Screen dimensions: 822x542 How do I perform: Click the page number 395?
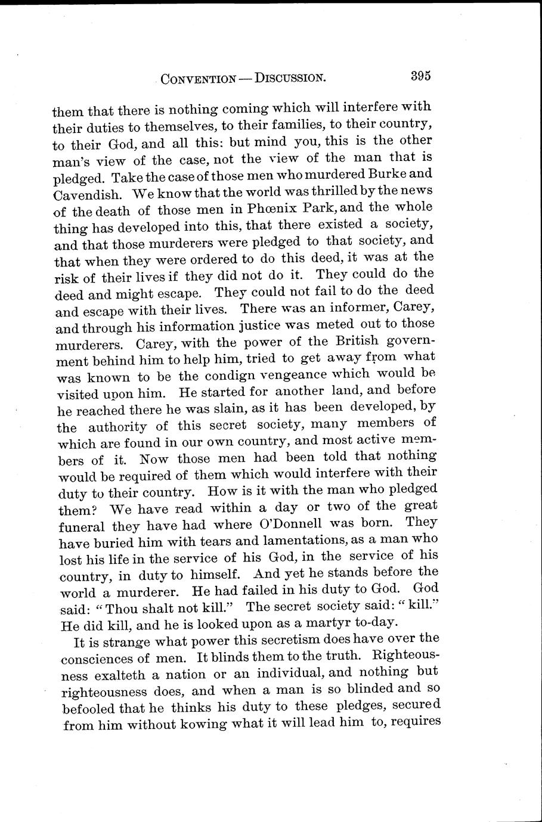(420, 76)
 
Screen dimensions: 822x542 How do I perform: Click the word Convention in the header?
(198, 78)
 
